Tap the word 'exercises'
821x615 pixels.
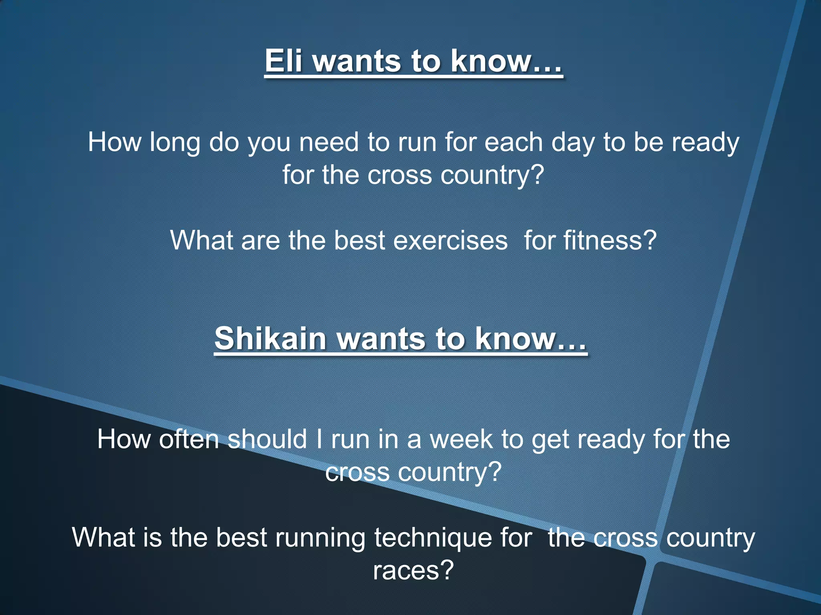pyautogui.click(x=450, y=241)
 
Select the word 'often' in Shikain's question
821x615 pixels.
pyautogui.click(x=189, y=439)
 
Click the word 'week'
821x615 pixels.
pyautogui.click(x=461, y=439)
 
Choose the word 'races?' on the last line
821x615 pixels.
pyautogui.click(x=413, y=570)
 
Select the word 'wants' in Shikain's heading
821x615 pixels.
pyautogui.click(x=381, y=338)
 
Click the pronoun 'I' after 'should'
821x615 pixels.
pyautogui.click(x=319, y=439)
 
